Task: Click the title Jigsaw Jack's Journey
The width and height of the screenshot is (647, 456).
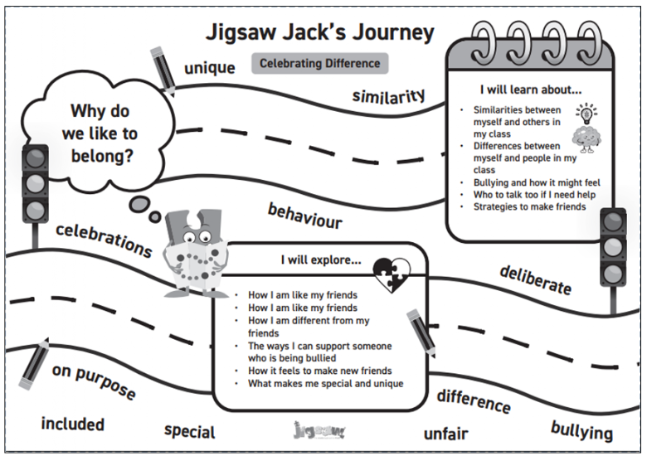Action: tap(319, 32)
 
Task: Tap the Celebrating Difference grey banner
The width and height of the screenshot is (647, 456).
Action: tap(319, 63)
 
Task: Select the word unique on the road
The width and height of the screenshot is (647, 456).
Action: tap(209, 67)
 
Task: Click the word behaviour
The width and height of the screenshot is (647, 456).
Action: tap(304, 215)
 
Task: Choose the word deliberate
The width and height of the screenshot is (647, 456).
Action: tap(535, 279)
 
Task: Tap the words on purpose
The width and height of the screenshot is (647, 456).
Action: tap(94, 381)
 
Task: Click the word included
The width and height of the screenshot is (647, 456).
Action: tap(73, 424)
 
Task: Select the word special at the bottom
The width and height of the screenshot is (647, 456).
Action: tap(189, 431)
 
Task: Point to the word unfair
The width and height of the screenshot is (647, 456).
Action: tap(445, 434)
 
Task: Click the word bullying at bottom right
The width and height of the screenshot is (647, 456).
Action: tap(581, 430)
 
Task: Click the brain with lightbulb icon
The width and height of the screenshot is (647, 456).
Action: tap(587, 130)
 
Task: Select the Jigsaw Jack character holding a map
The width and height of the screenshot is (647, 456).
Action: tap(192, 251)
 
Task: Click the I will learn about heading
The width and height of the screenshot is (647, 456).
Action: tap(531, 89)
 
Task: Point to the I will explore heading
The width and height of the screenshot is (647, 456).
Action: tap(321, 260)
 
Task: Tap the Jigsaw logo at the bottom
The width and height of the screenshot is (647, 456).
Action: tap(319, 430)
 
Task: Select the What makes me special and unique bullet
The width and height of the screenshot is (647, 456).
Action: tap(325, 384)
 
